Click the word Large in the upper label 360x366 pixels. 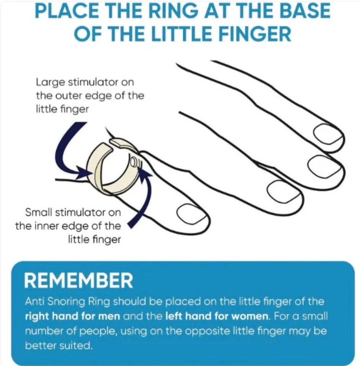(x=50, y=83)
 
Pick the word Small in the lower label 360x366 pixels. (x=39, y=212)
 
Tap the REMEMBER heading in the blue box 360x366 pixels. (x=78, y=281)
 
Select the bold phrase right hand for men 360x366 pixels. (x=72, y=316)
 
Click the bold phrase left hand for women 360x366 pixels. (x=217, y=316)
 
